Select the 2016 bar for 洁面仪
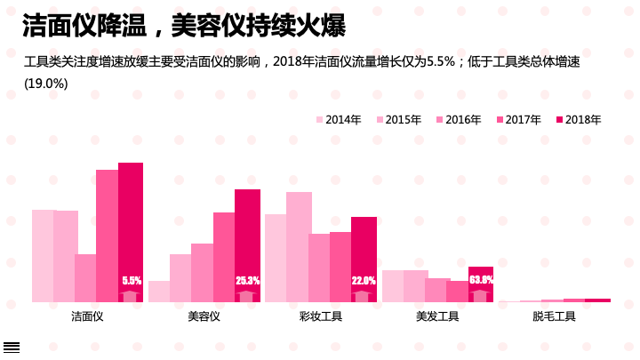coord(85,278)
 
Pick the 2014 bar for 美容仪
coord(159,292)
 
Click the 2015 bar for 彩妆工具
coord(299,247)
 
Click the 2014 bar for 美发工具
coord(393,286)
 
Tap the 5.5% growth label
coord(132,281)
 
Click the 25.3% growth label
coord(247,281)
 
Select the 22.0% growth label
coord(364,281)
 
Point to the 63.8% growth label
coord(481,280)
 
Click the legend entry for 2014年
coord(338,120)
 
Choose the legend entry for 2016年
coord(458,120)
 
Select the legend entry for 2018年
coord(578,120)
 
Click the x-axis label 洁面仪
coord(87,316)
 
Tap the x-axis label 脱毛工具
coord(554,316)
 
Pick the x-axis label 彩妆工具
coord(320,316)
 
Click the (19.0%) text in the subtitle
coord(45,84)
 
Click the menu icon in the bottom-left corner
coord(11,347)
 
